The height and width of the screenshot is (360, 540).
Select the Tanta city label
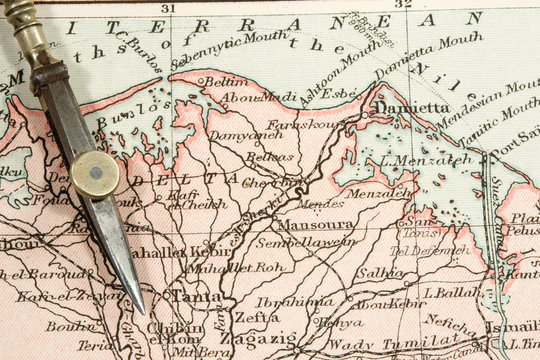(195, 296)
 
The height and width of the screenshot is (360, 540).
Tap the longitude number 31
(167, 8)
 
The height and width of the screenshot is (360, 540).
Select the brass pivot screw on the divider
(95, 173)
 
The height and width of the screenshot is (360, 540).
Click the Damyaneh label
(245, 134)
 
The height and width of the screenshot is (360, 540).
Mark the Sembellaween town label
(306, 242)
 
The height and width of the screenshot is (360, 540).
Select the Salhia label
(380, 272)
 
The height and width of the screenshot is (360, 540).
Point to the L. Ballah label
(451, 292)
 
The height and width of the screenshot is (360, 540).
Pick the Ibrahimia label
(295, 302)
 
